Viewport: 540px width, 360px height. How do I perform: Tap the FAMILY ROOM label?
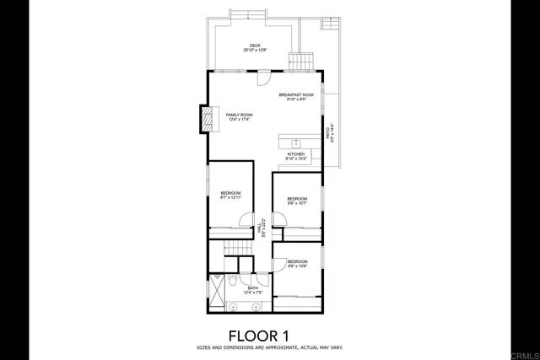239,116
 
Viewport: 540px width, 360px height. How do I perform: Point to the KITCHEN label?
295,156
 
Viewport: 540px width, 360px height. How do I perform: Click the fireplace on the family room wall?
204,119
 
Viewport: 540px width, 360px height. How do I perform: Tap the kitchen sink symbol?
296,142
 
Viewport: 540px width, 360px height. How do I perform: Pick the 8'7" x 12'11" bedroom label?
231,196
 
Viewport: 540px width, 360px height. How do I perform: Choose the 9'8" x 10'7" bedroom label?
297,201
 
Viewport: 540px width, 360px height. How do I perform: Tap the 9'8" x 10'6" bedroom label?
297,265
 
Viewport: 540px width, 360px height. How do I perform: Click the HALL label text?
263,228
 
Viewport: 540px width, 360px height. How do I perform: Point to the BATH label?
252,290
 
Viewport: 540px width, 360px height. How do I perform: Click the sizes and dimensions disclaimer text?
270,347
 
